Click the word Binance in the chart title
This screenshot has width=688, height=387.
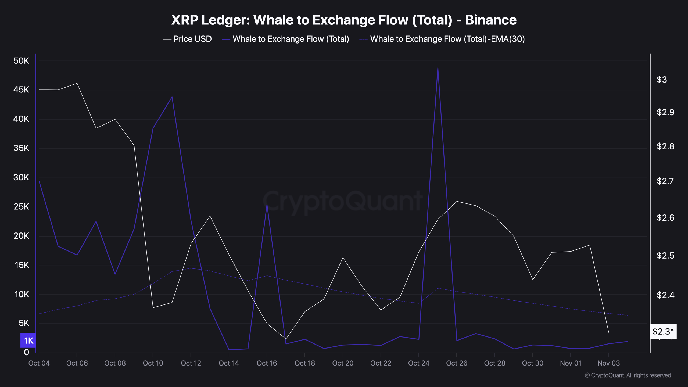(490, 20)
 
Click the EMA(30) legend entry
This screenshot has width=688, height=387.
(447, 39)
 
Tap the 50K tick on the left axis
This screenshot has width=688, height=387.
(21, 61)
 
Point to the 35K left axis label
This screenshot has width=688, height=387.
(21, 148)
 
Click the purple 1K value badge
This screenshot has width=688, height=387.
(28, 341)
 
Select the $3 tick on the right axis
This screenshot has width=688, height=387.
(662, 80)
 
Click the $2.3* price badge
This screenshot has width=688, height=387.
(663, 331)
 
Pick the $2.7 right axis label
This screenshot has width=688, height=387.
(665, 181)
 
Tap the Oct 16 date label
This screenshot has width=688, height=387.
(267, 363)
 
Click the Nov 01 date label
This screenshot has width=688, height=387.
(570, 363)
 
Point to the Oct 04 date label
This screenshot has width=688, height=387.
(39, 363)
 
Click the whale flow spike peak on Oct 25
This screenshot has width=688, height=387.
(438, 68)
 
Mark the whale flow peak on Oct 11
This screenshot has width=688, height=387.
(172, 97)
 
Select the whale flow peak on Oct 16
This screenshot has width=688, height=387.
(267, 205)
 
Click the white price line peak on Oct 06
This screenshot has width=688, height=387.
(77, 83)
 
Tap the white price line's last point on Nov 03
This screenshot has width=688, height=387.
(608, 332)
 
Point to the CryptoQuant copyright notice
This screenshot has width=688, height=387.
(628, 375)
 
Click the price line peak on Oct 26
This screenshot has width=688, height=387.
(457, 201)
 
